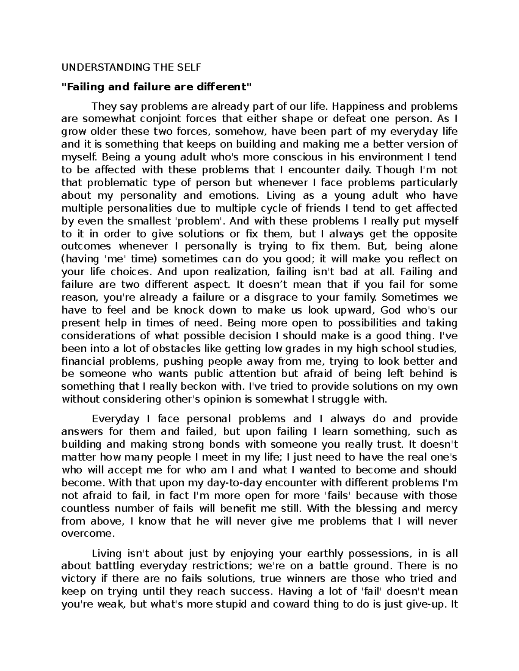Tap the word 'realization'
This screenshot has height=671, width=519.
pyautogui.click(x=242, y=272)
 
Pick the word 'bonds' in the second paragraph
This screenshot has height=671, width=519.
pyautogui.click(x=223, y=444)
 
